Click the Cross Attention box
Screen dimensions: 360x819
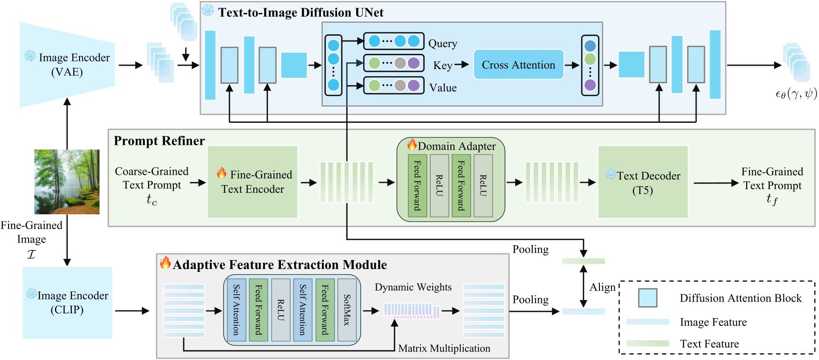(518, 65)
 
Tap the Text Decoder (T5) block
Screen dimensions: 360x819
(642, 182)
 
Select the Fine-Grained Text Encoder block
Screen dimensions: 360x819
(252, 182)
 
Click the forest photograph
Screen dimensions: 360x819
(67, 181)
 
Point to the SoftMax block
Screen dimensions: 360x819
(347, 310)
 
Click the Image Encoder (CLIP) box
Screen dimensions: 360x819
(67, 302)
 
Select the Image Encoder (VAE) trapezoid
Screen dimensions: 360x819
(67, 65)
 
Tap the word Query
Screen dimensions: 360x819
(442, 43)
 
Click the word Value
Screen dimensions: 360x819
(442, 88)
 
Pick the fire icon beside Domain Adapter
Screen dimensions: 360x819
(412, 144)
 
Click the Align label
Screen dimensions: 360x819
(602, 287)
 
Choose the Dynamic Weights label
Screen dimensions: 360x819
(413, 287)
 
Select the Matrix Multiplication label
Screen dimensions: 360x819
(444, 348)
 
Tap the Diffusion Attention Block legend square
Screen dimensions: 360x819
(648, 298)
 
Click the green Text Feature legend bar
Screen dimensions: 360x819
(647, 343)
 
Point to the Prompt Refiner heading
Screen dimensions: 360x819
(159, 141)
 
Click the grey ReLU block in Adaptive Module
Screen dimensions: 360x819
(280, 310)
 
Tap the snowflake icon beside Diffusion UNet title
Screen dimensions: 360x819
(208, 10)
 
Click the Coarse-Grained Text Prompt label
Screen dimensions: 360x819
(151, 179)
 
